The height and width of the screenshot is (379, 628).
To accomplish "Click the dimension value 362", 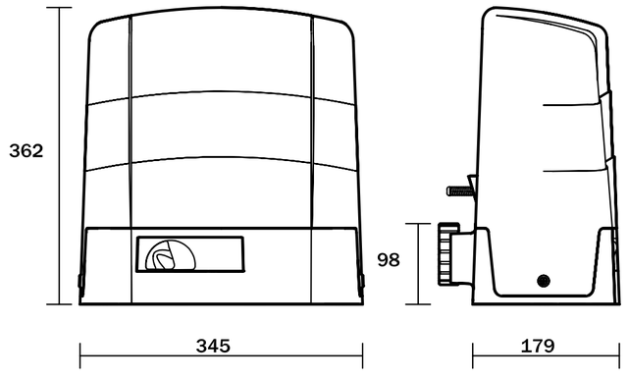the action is (26, 151).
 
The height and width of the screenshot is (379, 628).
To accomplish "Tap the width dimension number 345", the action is (213, 346).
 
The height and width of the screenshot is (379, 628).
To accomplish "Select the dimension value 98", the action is (389, 259).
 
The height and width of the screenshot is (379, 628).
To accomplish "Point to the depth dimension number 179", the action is (538, 346).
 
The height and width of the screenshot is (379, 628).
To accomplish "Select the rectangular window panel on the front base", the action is (189, 254).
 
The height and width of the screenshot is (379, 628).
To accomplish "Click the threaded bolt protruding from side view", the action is (460, 190).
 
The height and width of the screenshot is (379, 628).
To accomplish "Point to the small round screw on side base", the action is (543, 281).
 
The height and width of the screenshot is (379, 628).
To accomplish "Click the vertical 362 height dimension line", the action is (59, 156).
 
